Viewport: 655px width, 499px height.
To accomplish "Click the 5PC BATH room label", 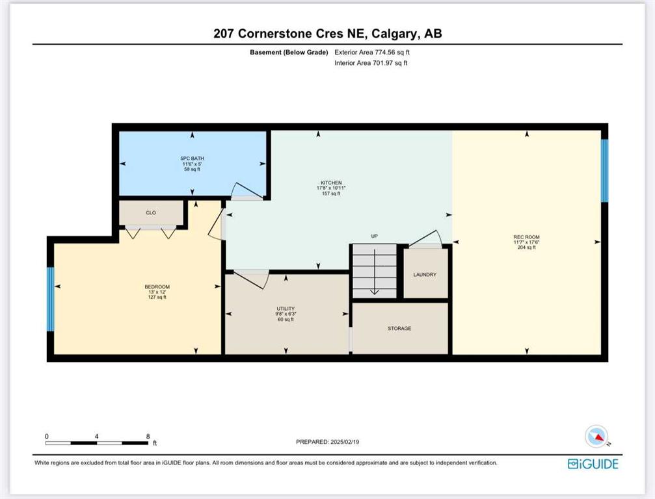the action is click(x=192, y=159).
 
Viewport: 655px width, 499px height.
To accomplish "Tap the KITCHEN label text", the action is click(x=331, y=183).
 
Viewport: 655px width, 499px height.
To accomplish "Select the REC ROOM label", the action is click(x=526, y=237).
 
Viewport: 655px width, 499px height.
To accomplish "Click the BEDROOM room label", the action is click(x=157, y=287).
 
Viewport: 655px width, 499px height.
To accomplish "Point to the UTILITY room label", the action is click(x=286, y=309).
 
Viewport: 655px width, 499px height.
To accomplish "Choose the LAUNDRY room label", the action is click(x=425, y=275).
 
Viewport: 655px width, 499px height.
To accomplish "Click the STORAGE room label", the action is click(x=399, y=328).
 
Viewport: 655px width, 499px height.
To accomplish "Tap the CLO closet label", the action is click(x=151, y=212).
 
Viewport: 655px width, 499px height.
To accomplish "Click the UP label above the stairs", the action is click(x=374, y=236).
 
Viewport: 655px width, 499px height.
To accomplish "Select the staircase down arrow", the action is click(x=374, y=272).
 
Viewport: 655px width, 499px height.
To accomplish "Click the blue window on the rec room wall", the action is click(x=604, y=171).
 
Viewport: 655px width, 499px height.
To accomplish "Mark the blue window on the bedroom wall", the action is click(x=50, y=299).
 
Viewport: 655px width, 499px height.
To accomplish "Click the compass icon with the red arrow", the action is click(x=596, y=436).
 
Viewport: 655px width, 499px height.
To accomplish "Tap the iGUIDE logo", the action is click(x=593, y=463).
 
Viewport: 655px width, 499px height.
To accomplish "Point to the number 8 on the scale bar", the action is click(x=148, y=437).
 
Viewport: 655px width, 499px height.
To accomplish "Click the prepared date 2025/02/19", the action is click(x=344, y=442).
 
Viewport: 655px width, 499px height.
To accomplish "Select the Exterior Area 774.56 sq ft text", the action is click(x=372, y=53).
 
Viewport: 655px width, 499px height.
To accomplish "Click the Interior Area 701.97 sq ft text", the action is click(x=371, y=63).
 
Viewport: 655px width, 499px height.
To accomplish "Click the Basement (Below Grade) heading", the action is click(x=289, y=53).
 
